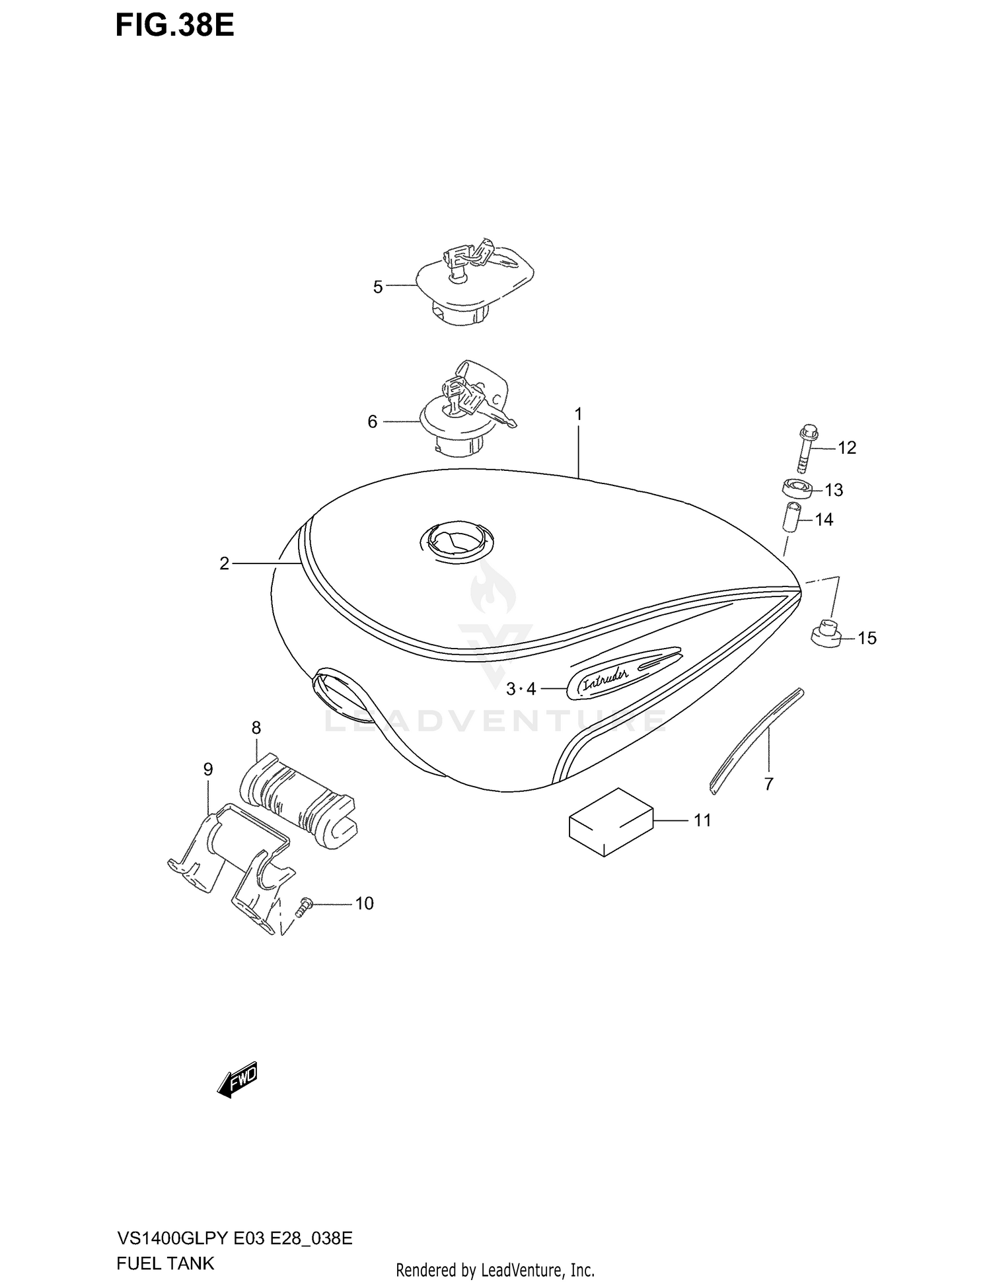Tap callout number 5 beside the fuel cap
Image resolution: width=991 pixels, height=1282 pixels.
pos(378,287)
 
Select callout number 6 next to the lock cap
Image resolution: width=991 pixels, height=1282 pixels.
pos(373,421)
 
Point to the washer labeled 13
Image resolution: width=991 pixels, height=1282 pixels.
pos(796,489)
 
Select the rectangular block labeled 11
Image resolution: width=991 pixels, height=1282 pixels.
pos(611,822)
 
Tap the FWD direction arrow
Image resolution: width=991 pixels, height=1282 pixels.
pos(238,1081)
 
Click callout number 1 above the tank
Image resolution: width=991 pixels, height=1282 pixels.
pos(578,415)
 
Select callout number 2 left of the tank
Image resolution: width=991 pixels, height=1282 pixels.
pos(225,563)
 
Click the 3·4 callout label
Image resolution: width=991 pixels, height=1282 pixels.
pos(521,690)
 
